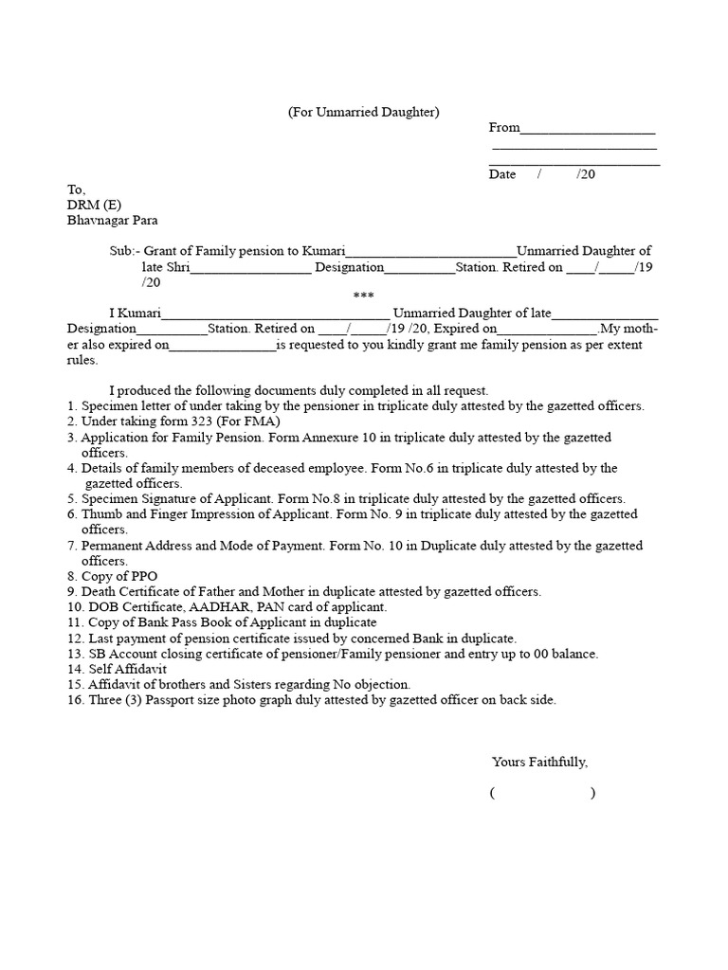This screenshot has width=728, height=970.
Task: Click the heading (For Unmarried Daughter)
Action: [x=364, y=112]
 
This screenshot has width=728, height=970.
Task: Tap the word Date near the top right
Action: [x=502, y=174]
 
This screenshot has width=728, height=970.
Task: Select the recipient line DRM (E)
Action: [x=94, y=205]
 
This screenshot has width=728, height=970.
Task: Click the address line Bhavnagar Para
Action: [x=118, y=220]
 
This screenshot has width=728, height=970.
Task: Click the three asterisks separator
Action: [x=363, y=296]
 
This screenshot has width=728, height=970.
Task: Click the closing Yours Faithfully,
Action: [x=539, y=762]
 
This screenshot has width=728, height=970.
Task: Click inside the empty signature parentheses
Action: [x=542, y=794]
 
